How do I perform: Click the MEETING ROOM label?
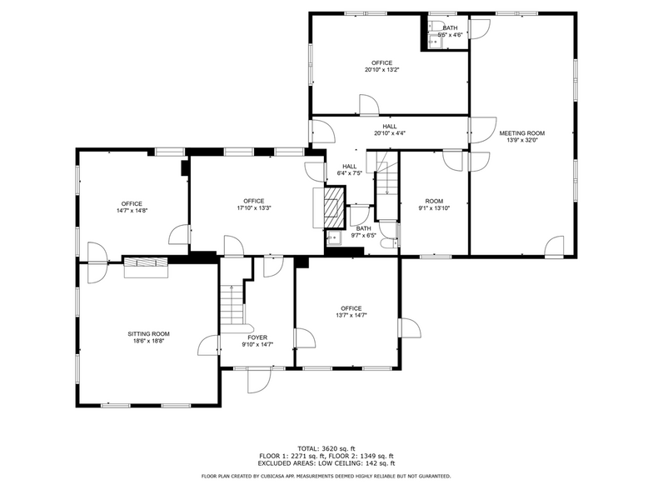[x=521, y=133]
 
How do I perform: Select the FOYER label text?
[x=257, y=337]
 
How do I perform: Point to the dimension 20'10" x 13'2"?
[x=381, y=70]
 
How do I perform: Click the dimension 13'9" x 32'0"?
[x=521, y=140]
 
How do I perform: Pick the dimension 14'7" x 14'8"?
[x=132, y=211]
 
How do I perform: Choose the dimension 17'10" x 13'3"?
[x=254, y=207]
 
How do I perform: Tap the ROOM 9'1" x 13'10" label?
[x=434, y=204]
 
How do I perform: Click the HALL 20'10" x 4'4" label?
[x=390, y=129]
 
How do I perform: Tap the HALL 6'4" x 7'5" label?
[x=349, y=169]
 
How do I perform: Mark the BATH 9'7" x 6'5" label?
[x=363, y=232]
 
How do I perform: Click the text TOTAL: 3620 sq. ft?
[x=326, y=448]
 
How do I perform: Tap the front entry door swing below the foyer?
[x=259, y=379]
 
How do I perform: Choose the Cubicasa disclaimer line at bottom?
[x=326, y=476]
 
